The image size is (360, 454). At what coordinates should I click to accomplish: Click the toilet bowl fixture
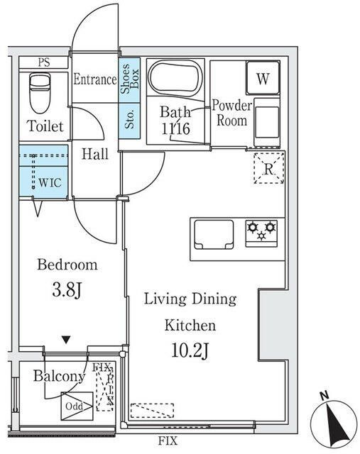[x=40, y=93]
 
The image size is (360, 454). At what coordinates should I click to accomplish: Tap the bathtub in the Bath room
[x=175, y=78]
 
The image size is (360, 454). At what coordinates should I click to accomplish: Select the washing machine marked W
[x=263, y=78]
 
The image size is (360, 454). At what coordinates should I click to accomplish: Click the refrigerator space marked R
[x=268, y=168]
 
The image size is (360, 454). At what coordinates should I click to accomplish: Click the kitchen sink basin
[x=214, y=235]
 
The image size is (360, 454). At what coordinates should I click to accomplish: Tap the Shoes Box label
[x=130, y=79]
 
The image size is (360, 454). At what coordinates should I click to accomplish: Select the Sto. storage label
[x=129, y=119]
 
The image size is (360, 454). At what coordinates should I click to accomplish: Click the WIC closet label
[x=50, y=183]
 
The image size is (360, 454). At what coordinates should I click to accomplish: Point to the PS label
[x=44, y=62]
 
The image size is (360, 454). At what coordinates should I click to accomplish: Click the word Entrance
[x=94, y=79]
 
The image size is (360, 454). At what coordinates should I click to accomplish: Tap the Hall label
[x=94, y=154]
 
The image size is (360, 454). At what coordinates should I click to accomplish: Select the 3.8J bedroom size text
[x=67, y=289]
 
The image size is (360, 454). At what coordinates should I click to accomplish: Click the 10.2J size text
[x=190, y=350]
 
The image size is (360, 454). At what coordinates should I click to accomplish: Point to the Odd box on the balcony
[x=77, y=406]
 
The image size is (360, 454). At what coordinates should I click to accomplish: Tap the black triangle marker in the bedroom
[x=66, y=340]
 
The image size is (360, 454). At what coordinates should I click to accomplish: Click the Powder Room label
[x=231, y=113]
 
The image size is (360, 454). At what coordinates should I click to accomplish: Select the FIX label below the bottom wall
[x=168, y=441]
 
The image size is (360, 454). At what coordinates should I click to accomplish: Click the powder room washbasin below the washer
[x=267, y=122]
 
